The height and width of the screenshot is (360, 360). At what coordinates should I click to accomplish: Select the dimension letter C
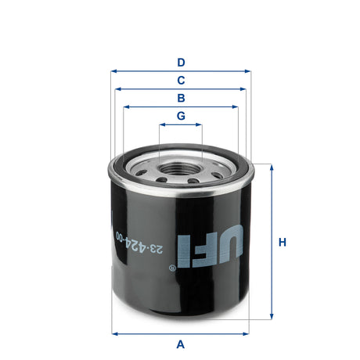[181, 80]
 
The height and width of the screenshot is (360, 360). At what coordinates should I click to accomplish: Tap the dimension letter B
[181, 98]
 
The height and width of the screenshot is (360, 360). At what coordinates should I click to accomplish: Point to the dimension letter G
[181, 116]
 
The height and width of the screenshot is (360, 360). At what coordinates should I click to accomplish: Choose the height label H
[283, 242]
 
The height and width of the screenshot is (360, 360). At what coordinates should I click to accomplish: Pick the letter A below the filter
[181, 344]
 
